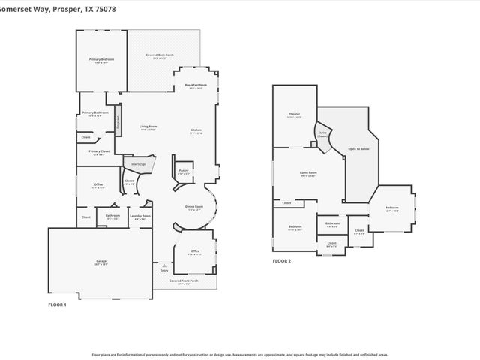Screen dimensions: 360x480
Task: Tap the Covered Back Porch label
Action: [x=160, y=56]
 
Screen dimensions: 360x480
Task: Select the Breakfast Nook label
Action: [x=195, y=85]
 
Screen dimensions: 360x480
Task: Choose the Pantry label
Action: [x=183, y=171]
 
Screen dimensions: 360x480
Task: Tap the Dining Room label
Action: [x=194, y=208]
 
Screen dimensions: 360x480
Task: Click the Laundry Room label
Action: [x=140, y=217]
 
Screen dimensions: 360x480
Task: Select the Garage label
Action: [x=100, y=262]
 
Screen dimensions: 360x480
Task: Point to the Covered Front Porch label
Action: [x=184, y=281]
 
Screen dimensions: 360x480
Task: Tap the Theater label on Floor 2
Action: [x=294, y=115]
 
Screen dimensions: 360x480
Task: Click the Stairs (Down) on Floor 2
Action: [x=323, y=135]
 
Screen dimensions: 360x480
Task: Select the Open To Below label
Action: [x=358, y=149]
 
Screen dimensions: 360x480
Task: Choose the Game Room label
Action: [x=309, y=173]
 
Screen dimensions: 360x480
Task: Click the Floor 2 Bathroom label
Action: [x=332, y=223]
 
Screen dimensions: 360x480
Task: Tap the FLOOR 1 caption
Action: [x=58, y=304]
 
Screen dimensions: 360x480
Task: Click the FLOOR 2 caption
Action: [x=282, y=261]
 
